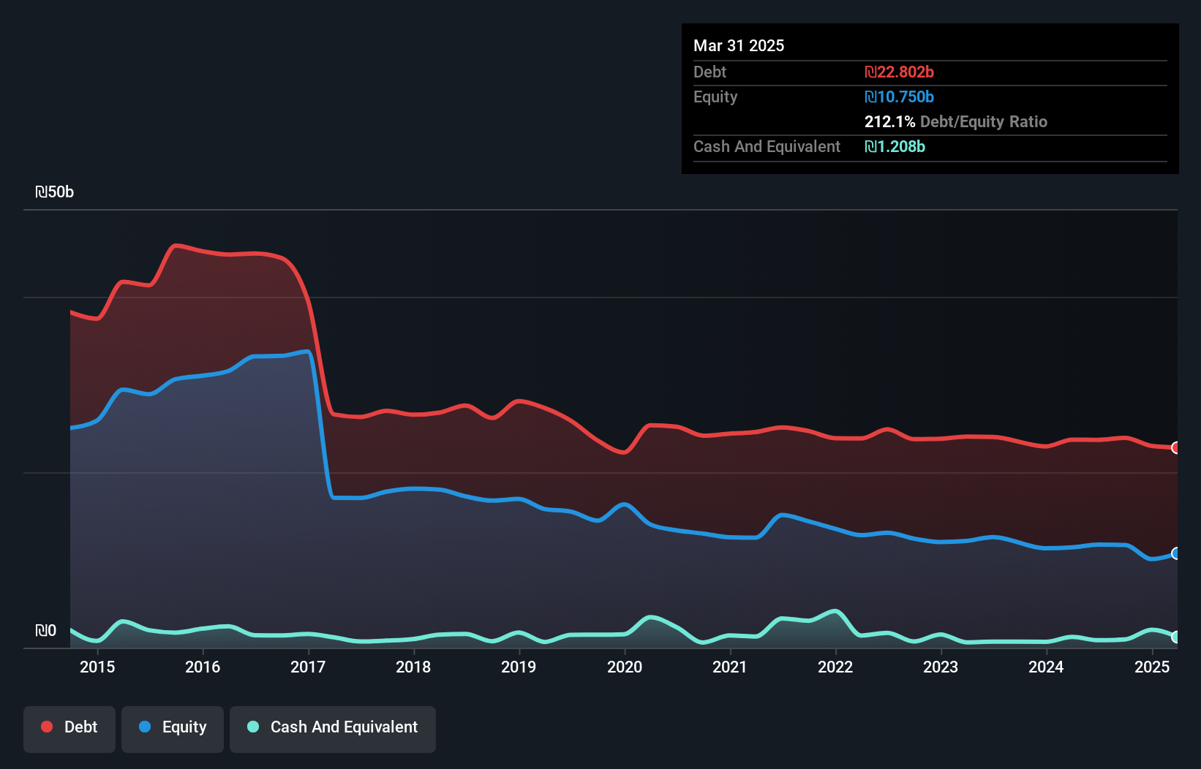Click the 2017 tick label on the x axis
(308, 667)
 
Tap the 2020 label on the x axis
(625, 667)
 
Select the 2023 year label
(941, 667)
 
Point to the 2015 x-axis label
(97, 667)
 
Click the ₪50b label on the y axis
(55, 192)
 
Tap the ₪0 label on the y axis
(46, 630)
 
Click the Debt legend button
(69, 727)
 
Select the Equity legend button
(173, 727)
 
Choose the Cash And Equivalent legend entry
(333, 727)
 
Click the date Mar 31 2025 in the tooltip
(739, 45)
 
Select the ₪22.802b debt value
(899, 72)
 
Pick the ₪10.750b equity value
(899, 96)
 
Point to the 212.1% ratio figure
(889, 121)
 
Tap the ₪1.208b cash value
(895, 146)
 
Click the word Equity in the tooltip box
(715, 96)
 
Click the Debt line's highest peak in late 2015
(176, 246)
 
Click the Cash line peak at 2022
(835, 610)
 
